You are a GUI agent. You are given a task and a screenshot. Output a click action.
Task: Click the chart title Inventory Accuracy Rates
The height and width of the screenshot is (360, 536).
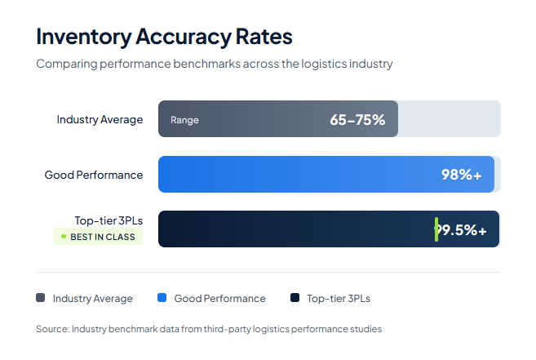pyautogui.click(x=164, y=37)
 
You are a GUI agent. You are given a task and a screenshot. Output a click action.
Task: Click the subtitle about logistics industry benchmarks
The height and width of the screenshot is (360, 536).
pyautogui.click(x=214, y=64)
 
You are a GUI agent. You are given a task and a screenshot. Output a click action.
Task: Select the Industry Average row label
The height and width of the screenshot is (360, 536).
pyautogui.click(x=100, y=119)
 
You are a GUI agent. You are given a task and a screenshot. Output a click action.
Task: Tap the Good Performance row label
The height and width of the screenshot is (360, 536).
pyautogui.click(x=94, y=175)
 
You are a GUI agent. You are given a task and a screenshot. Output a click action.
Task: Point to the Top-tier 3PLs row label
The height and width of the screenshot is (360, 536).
pyautogui.click(x=109, y=220)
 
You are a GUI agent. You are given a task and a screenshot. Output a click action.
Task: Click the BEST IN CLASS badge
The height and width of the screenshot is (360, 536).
pyautogui.click(x=98, y=237)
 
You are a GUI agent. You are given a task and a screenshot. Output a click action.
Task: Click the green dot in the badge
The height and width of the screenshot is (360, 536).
pyautogui.click(x=64, y=237)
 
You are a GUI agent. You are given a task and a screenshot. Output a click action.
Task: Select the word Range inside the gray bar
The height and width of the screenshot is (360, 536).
pyautogui.click(x=184, y=120)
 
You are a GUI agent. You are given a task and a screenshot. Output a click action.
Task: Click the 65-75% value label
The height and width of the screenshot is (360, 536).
pyautogui.click(x=357, y=120)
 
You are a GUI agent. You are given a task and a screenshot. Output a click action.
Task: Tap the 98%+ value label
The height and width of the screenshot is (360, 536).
pyautogui.click(x=462, y=174)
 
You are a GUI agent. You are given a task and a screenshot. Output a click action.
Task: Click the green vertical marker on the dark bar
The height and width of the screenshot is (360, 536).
pyautogui.click(x=436, y=229)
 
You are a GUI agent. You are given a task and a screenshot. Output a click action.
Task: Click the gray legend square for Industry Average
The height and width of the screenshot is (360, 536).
pyautogui.click(x=41, y=298)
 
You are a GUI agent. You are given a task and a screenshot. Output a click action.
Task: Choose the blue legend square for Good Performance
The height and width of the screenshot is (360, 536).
pyautogui.click(x=162, y=298)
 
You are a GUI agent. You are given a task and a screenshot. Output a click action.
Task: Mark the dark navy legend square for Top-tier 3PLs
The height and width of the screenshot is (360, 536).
pyautogui.click(x=295, y=298)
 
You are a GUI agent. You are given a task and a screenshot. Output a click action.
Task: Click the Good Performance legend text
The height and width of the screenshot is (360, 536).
pyautogui.click(x=219, y=299)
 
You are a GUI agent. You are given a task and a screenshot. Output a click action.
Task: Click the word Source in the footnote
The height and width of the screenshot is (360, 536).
pyautogui.click(x=51, y=329)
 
